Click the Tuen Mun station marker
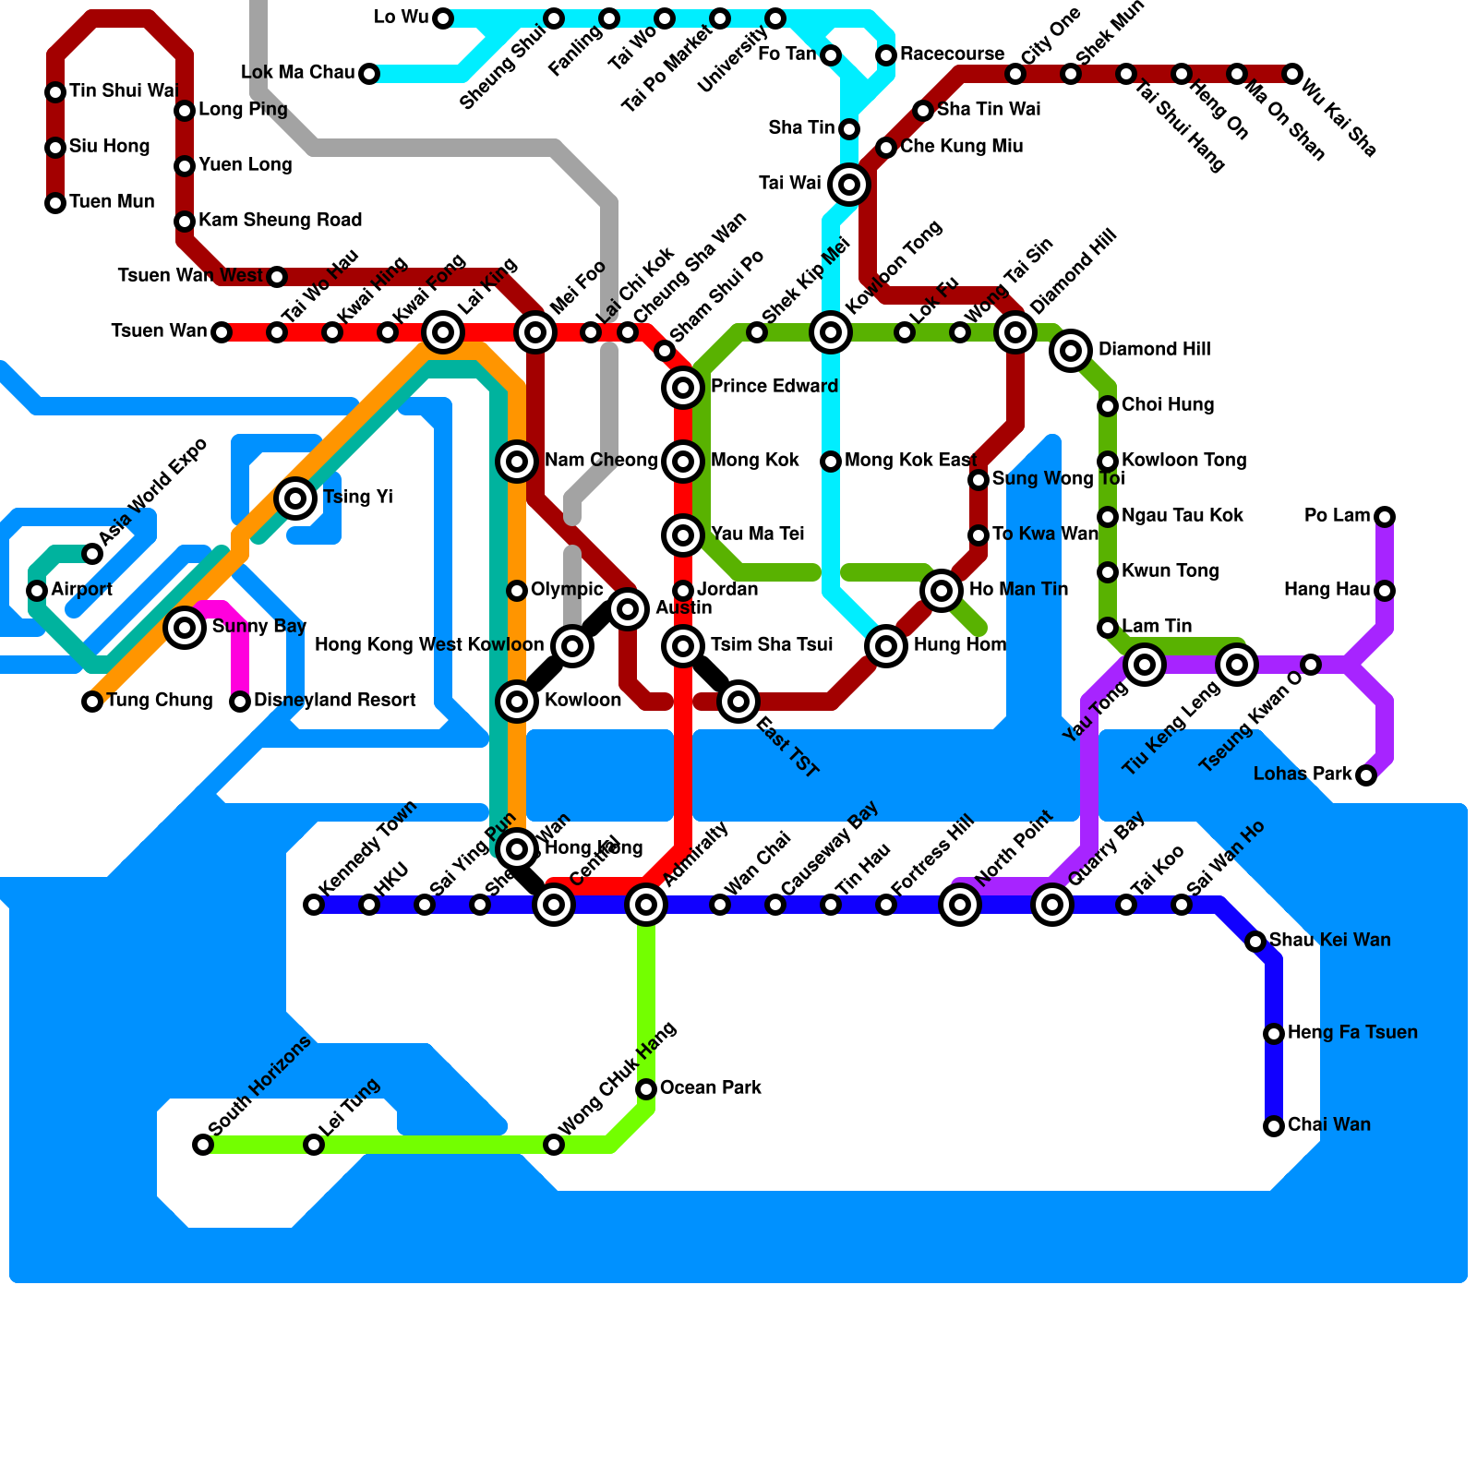[55, 203]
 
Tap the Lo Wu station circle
[443, 18]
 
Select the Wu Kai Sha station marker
[1292, 74]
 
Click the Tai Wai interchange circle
[849, 185]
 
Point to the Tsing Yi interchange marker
[295, 498]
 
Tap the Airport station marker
[37, 591]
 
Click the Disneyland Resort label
[334, 701]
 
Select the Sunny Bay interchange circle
[185, 628]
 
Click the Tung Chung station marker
[92, 702]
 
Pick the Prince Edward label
[774, 387]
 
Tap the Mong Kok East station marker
[831, 462]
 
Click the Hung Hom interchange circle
[886, 646]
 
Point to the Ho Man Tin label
[1018, 590]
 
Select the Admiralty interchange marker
[646, 905]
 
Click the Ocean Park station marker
[646, 1089]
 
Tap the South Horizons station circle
[203, 1145]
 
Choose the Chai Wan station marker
[1274, 1126]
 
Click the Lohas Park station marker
[1366, 775]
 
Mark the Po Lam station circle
[1385, 517]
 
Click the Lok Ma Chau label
[297, 73]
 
